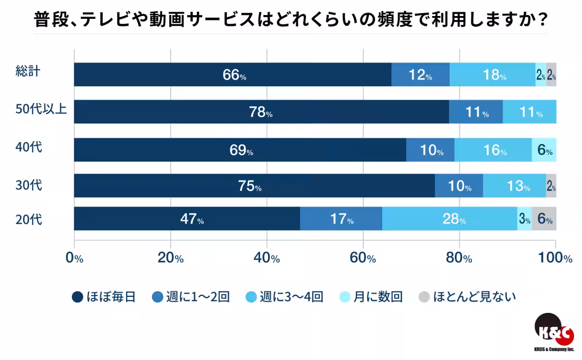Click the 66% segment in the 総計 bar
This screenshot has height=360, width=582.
233,75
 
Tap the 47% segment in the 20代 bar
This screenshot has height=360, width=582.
187,219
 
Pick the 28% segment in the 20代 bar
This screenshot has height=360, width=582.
450,219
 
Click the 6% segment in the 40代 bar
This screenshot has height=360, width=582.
544,150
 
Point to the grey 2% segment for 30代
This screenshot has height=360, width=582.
551,186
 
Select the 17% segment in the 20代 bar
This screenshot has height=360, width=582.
341,219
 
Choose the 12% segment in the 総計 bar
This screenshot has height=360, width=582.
420,75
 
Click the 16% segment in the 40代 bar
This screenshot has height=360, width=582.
493,150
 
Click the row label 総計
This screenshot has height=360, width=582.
27,71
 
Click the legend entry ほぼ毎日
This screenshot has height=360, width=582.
104,296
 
